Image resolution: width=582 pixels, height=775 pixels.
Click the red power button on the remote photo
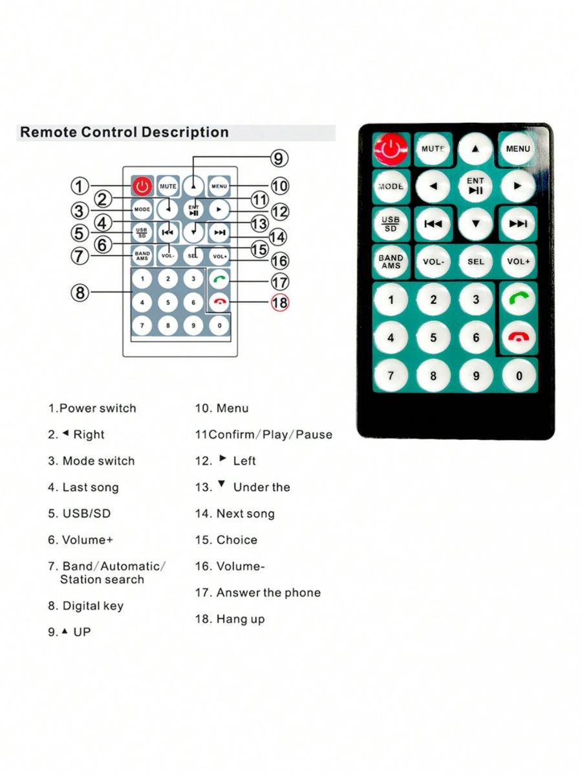tap(391, 148)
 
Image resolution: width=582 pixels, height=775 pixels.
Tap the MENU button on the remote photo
tap(517, 148)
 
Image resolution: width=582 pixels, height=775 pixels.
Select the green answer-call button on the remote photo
tap(518, 298)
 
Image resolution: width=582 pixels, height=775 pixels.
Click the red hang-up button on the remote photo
tap(518, 336)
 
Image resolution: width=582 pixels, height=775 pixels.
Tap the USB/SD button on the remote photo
tap(391, 224)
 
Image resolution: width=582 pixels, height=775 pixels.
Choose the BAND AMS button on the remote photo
tap(391, 261)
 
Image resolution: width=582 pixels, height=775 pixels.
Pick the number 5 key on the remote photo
tap(433, 337)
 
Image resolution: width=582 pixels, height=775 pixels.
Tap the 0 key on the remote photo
tap(519, 376)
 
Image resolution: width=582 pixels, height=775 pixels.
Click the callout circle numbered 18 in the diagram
tap(279, 302)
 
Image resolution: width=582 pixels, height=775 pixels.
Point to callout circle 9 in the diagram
tap(279, 158)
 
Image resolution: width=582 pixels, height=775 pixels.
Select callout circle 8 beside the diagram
tap(80, 292)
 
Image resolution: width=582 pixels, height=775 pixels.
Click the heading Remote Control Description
tap(124, 133)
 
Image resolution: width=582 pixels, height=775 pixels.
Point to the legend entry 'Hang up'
tap(241, 619)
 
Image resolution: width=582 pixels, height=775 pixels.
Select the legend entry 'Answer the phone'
tap(268, 593)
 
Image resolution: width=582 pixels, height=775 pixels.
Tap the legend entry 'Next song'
tap(246, 514)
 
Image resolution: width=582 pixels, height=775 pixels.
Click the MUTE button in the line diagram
tap(168, 186)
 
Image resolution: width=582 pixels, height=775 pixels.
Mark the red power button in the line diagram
tap(142, 186)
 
